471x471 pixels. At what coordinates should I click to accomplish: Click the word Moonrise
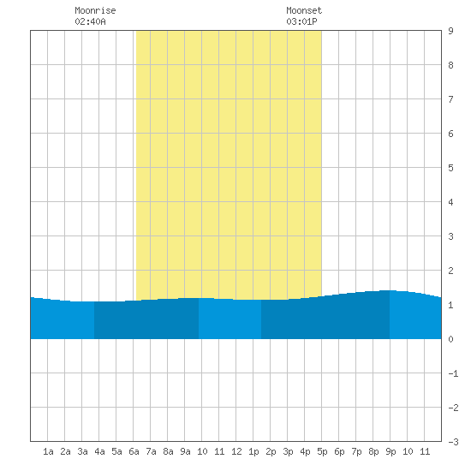click(x=95, y=10)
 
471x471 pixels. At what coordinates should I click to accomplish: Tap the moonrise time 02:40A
click(x=90, y=21)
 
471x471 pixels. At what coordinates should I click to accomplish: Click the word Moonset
click(x=304, y=10)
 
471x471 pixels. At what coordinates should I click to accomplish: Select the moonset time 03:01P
click(x=301, y=21)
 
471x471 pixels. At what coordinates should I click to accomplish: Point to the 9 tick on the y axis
click(x=450, y=31)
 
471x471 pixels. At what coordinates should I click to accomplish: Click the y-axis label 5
click(x=450, y=168)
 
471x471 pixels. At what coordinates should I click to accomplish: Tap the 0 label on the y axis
click(x=450, y=339)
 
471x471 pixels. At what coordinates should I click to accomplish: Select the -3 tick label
click(x=453, y=442)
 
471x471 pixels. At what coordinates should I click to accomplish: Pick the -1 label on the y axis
click(x=453, y=373)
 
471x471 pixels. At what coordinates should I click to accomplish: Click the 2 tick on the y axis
click(x=450, y=271)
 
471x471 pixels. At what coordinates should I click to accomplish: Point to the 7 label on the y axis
click(x=450, y=99)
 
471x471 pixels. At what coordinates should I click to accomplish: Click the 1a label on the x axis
click(x=48, y=451)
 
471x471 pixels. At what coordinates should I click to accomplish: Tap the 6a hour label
click(x=134, y=451)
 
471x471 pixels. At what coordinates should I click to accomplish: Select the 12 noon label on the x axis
click(x=236, y=451)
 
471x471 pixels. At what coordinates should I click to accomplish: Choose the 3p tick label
click(x=288, y=451)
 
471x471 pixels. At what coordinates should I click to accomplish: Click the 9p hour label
click(x=391, y=451)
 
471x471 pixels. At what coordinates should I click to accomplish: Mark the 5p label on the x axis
click(x=322, y=451)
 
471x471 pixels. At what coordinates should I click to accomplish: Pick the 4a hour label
click(x=99, y=451)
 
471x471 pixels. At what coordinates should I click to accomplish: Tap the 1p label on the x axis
click(x=253, y=451)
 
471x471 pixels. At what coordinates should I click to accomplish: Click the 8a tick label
click(x=168, y=451)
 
